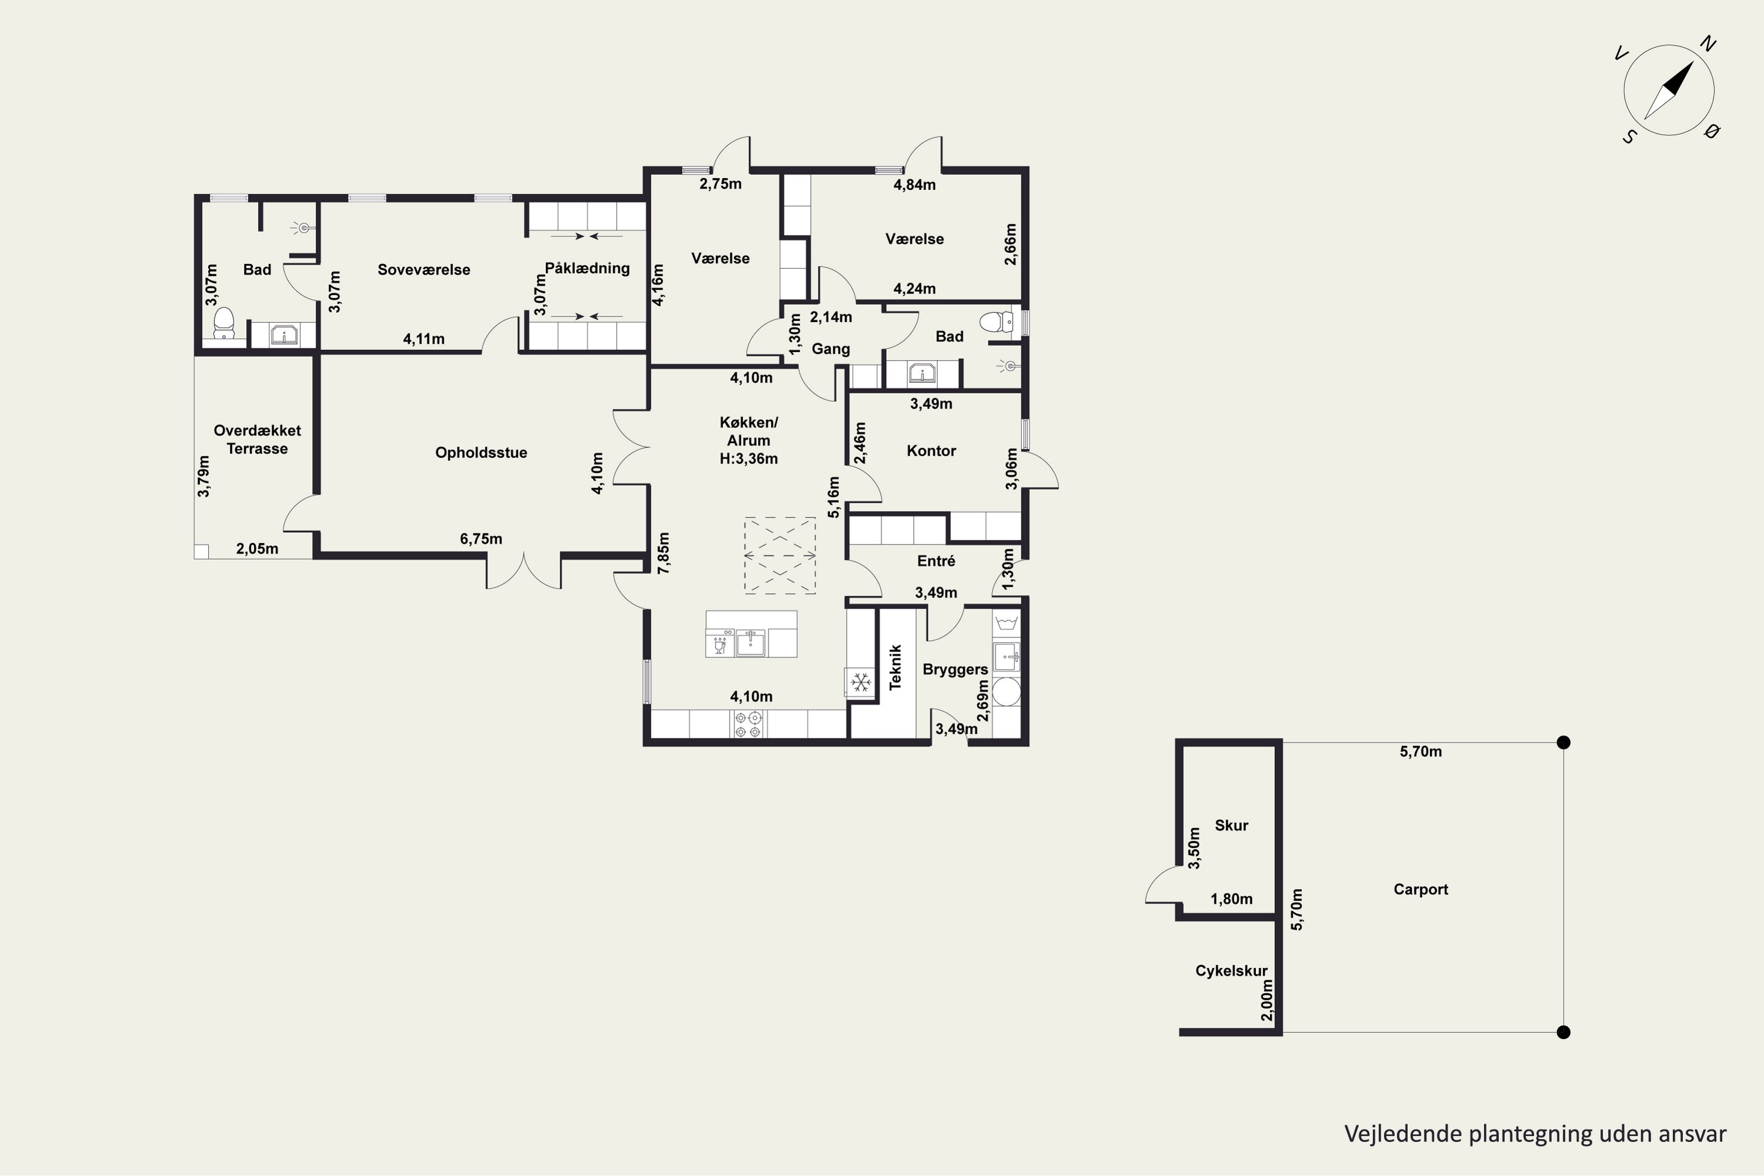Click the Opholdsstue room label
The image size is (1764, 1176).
coord(481,453)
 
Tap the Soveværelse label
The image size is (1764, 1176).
coord(424,270)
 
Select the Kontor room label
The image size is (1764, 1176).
coord(931,451)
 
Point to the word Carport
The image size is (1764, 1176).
coord(1421,890)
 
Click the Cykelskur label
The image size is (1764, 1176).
coord(1231,971)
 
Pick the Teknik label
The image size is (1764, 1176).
coord(895,667)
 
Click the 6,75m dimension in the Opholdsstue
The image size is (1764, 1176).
coord(481,539)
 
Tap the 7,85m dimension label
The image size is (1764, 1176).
coord(664,553)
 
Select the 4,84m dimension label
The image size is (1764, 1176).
coord(914,185)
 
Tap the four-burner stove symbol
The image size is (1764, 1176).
coord(749,724)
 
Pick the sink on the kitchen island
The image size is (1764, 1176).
coord(750,643)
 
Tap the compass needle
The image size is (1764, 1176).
coord(1669,91)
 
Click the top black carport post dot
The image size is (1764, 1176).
coord(1563,743)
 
